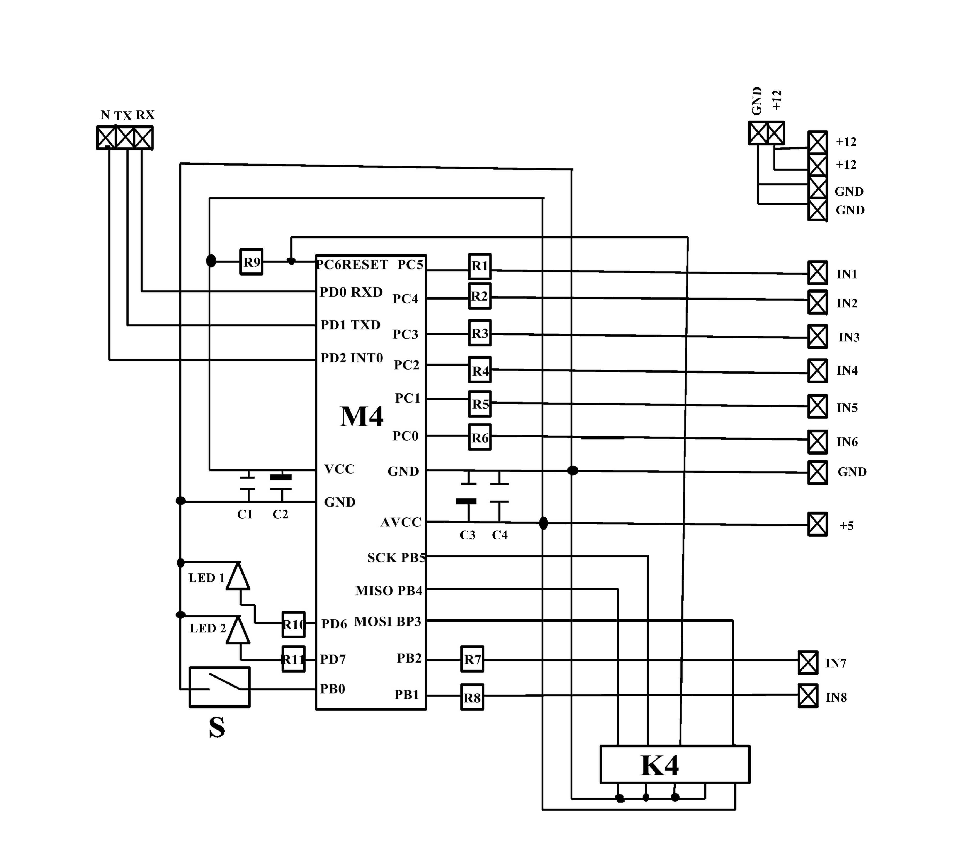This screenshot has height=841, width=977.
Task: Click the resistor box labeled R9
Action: pyautogui.click(x=251, y=262)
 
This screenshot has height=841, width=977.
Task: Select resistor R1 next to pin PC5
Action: pyautogui.click(x=480, y=266)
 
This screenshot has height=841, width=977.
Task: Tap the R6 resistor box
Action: pyautogui.click(x=480, y=437)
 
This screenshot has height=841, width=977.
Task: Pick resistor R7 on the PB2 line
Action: pyautogui.click(x=472, y=659)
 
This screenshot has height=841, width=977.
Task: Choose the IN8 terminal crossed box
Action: pyautogui.click(x=808, y=696)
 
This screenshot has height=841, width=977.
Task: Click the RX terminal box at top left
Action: pyautogui.click(x=143, y=138)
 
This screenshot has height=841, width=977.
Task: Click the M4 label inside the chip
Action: pyautogui.click(x=362, y=416)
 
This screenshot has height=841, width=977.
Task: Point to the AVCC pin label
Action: pyautogui.click(x=401, y=522)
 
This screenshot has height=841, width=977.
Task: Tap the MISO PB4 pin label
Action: pyautogui.click(x=389, y=591)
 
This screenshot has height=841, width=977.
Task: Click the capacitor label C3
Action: pyautogui.click(x=467, y=535)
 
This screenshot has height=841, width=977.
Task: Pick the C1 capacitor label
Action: pyautogui.click(x=245, y=514)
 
